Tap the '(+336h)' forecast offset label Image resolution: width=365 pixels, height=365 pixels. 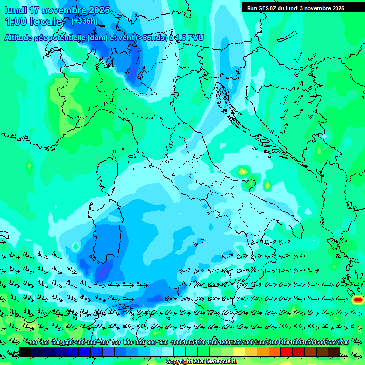84,21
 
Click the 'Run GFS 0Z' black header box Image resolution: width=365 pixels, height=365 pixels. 295,8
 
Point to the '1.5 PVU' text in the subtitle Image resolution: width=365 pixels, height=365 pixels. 190,38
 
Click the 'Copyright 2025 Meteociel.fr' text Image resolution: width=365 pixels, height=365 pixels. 201,362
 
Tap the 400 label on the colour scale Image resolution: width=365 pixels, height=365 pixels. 32,343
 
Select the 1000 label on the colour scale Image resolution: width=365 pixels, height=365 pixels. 177,343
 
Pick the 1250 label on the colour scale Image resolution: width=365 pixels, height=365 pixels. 236,343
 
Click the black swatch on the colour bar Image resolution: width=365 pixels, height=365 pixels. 25,352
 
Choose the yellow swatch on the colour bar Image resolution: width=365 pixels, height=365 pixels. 239,352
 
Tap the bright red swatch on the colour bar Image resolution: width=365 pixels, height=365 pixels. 287,352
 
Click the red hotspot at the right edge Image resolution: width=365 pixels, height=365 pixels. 358,300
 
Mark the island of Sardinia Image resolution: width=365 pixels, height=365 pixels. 107,238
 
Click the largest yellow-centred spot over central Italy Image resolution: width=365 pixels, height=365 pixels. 242,171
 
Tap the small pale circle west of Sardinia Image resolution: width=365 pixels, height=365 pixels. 76,247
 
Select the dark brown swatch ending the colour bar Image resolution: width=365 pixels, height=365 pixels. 334,352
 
